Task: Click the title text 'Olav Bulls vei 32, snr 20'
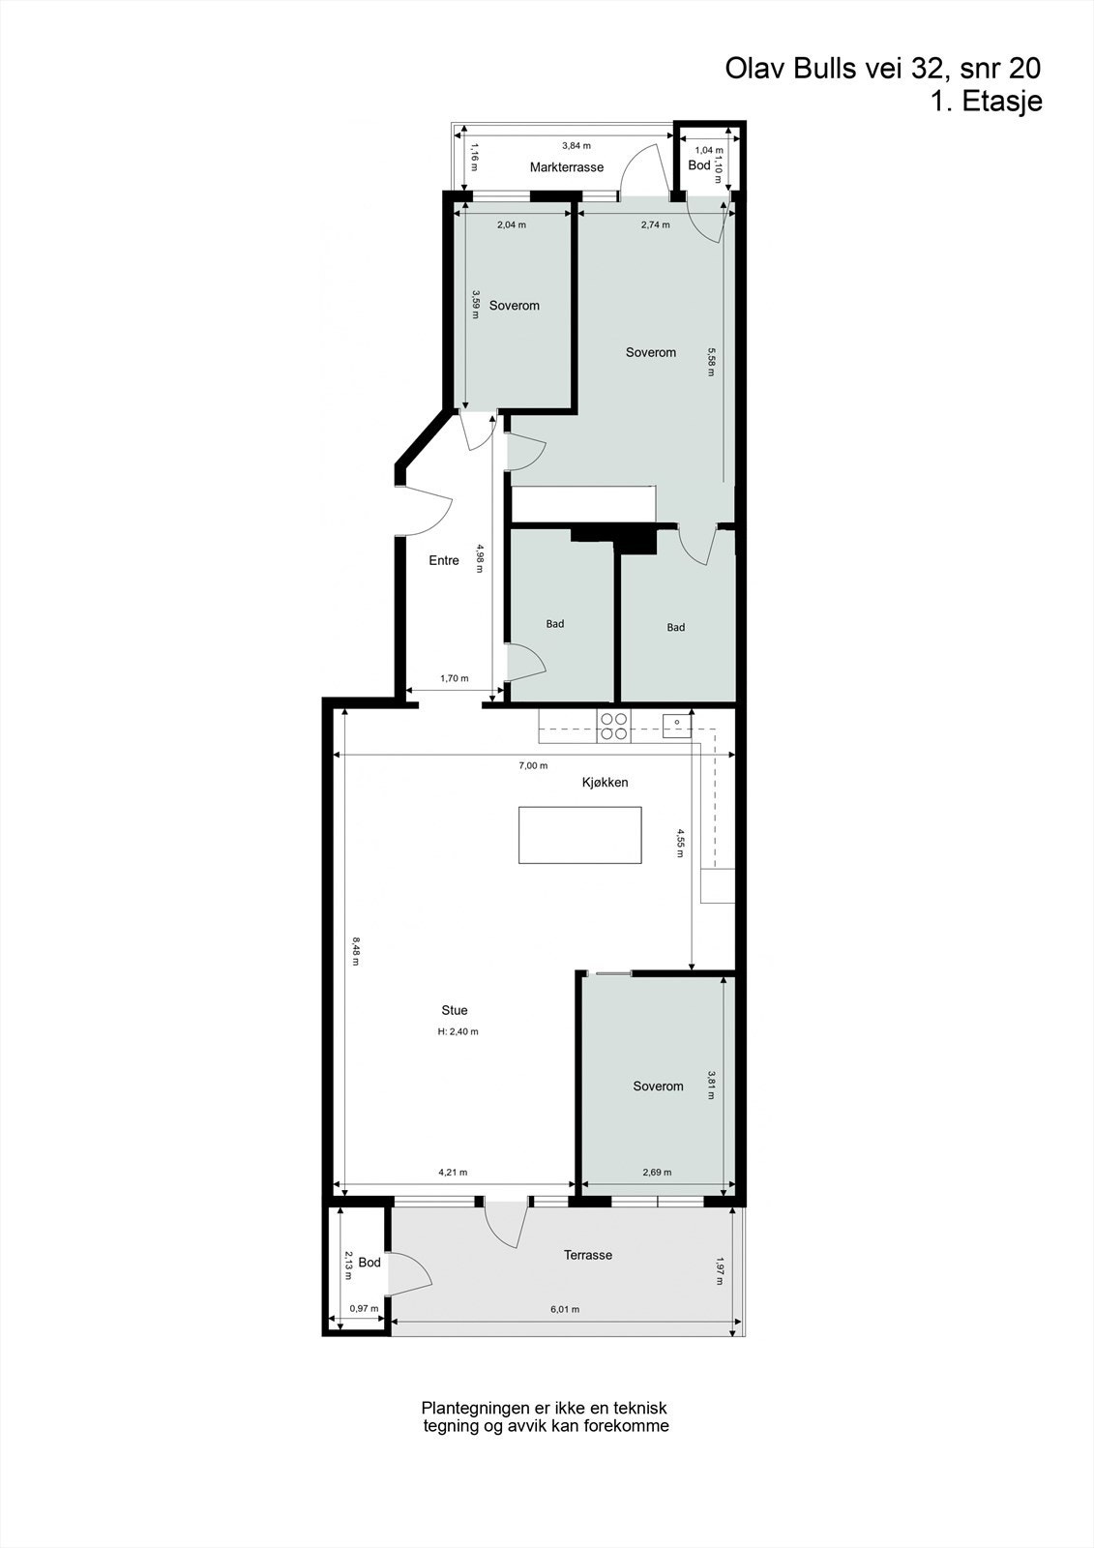(882, 69)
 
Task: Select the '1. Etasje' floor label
(986, 102)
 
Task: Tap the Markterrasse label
(566, 167)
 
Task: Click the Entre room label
(444, 560)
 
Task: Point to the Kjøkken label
(606, 782)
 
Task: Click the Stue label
(454, 1010)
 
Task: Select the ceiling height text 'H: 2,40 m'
(458, 1031)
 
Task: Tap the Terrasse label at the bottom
(588, 1255)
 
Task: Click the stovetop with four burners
(613, 726)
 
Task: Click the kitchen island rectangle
(580, 835)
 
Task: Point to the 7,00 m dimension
(533, 765)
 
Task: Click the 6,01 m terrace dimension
(564, 1310)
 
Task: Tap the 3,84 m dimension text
(576, 146)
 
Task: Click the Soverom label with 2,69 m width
(658, 1087)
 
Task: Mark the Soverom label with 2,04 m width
(514, 306)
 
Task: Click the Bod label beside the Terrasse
(370, 1263)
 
